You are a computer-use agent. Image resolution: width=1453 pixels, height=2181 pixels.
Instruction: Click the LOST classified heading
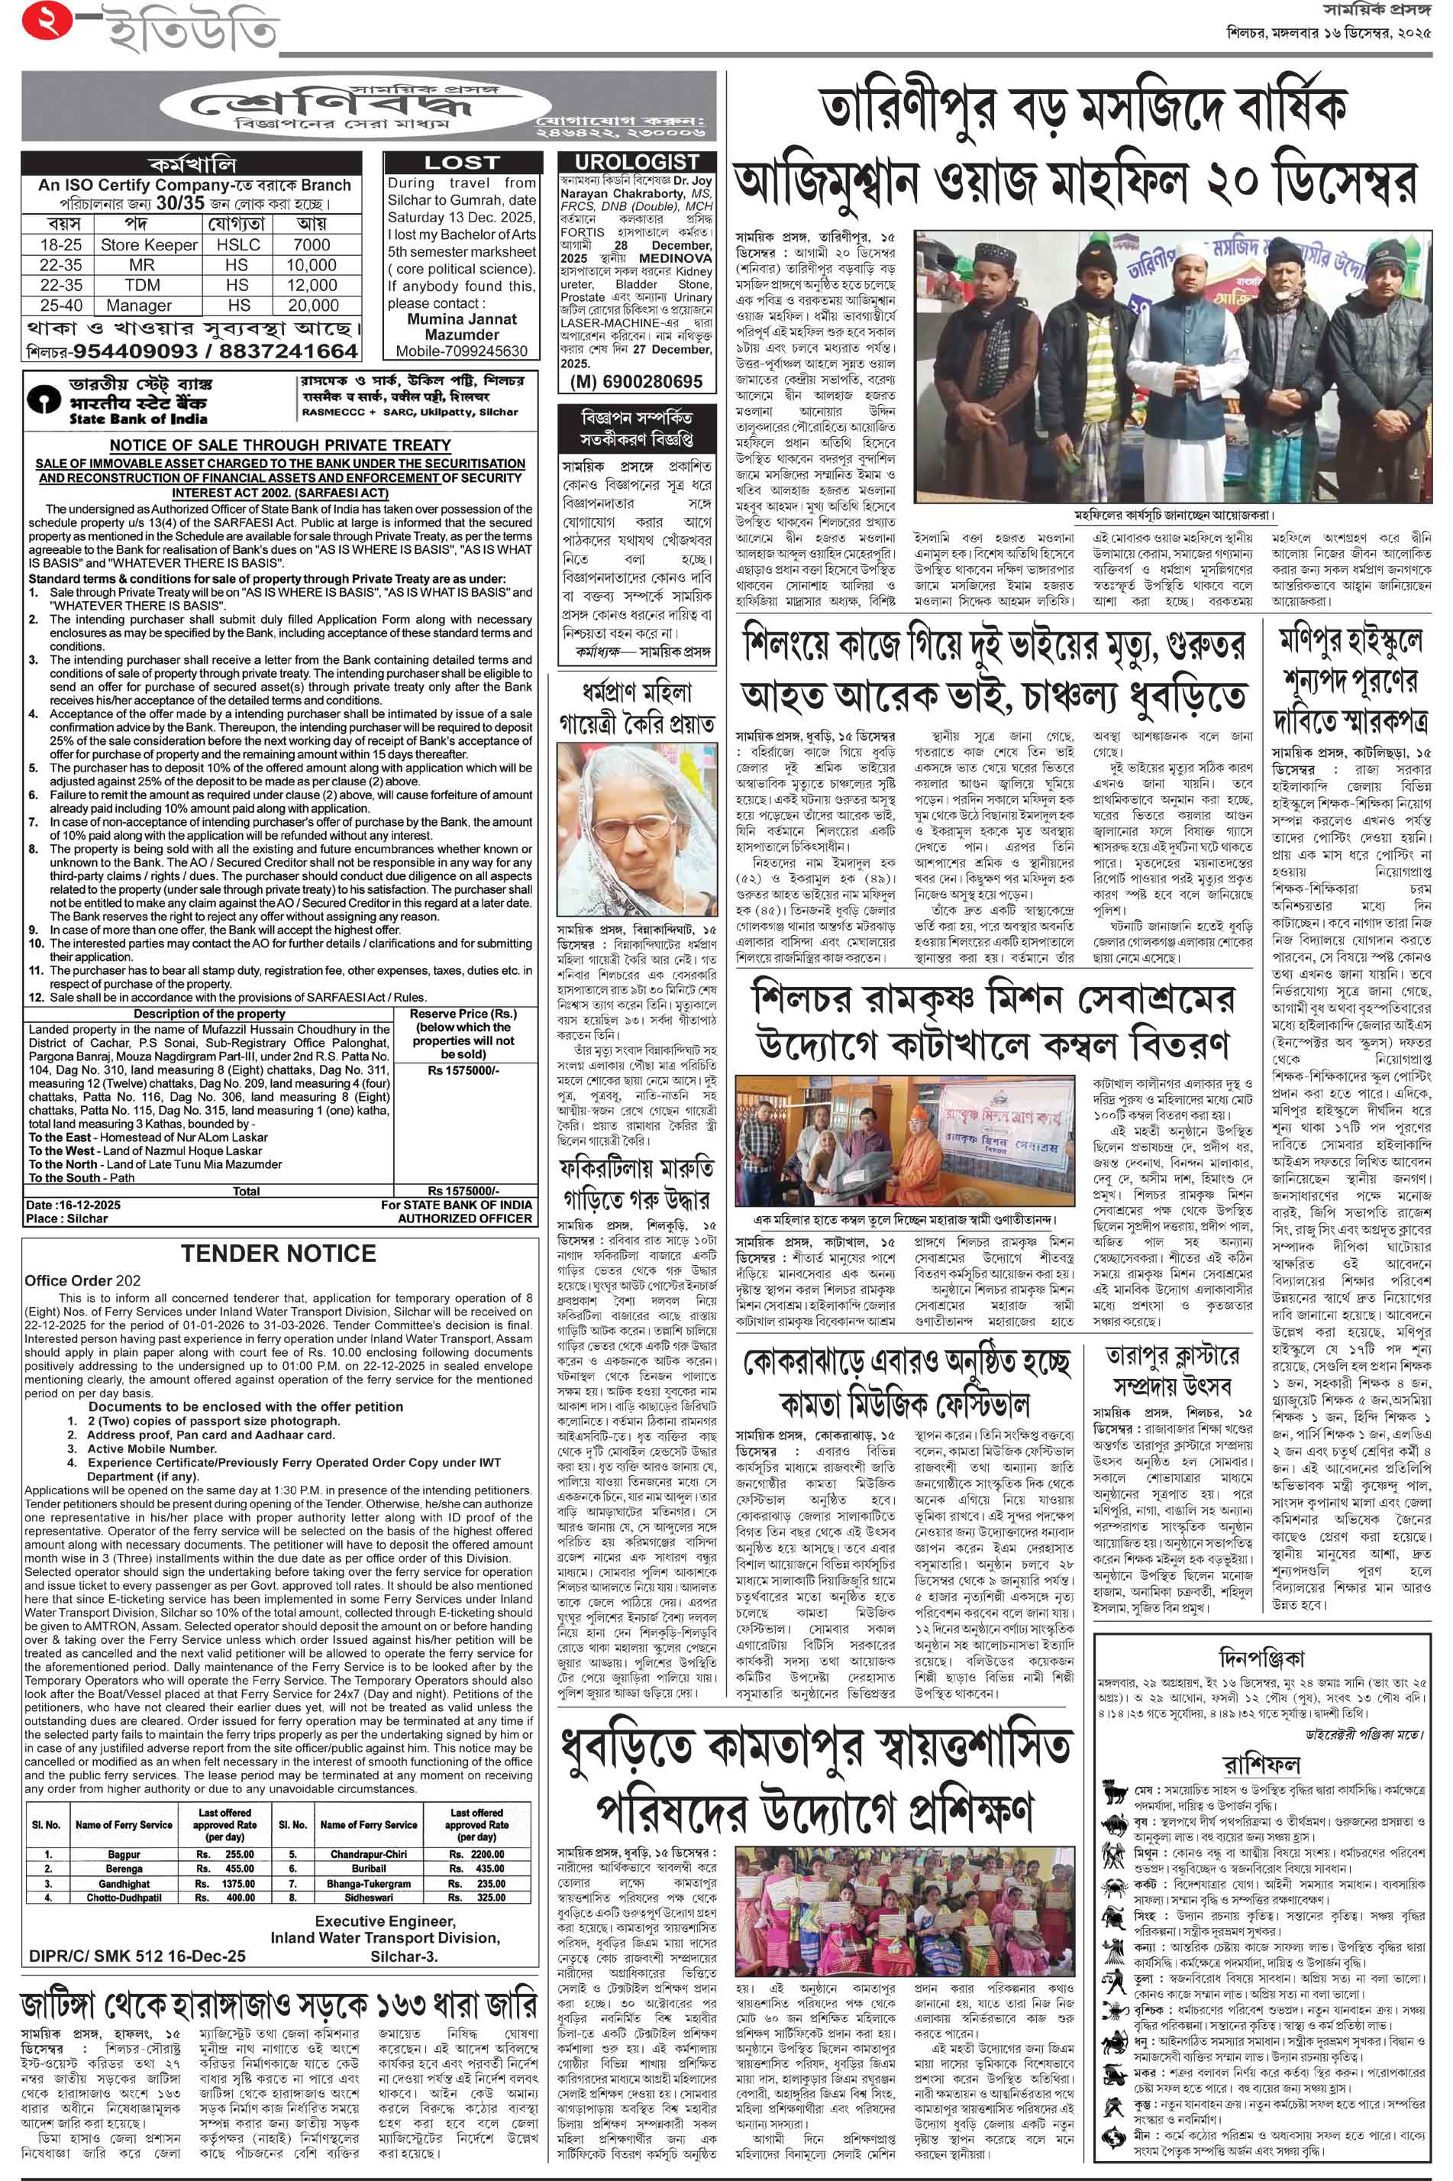point(461,162)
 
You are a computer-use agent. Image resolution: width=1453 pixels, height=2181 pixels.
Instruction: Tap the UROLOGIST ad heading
point(637,162)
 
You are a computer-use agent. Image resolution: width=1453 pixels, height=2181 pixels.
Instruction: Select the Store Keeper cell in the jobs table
point(148,244)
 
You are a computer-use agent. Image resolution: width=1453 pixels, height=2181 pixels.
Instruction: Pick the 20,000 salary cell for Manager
point(312,305)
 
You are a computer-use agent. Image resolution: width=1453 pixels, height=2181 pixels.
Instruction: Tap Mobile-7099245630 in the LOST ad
point(461,351)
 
